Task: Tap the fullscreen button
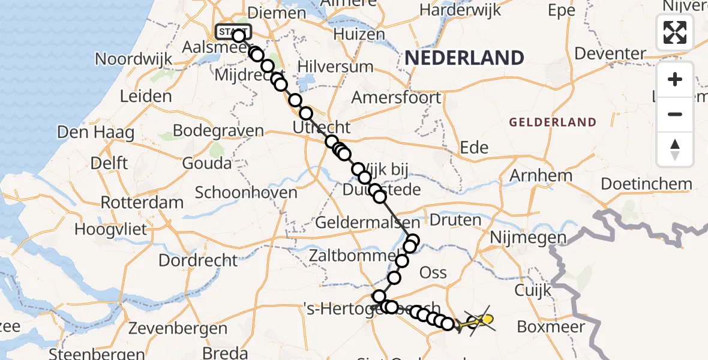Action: pos(675,32)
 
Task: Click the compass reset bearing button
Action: pos(675,149)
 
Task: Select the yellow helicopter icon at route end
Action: pos(481,322)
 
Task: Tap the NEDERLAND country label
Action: pos(464,58)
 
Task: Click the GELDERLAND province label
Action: pos(553,122)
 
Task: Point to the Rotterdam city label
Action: pos(142,202)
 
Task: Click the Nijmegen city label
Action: pos(528,238)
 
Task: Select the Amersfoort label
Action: pos(396,97)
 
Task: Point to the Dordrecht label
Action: pos(199,260)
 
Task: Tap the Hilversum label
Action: pos(335,67)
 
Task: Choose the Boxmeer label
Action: pos(551,328)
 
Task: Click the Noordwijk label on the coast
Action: pos(134,59)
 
